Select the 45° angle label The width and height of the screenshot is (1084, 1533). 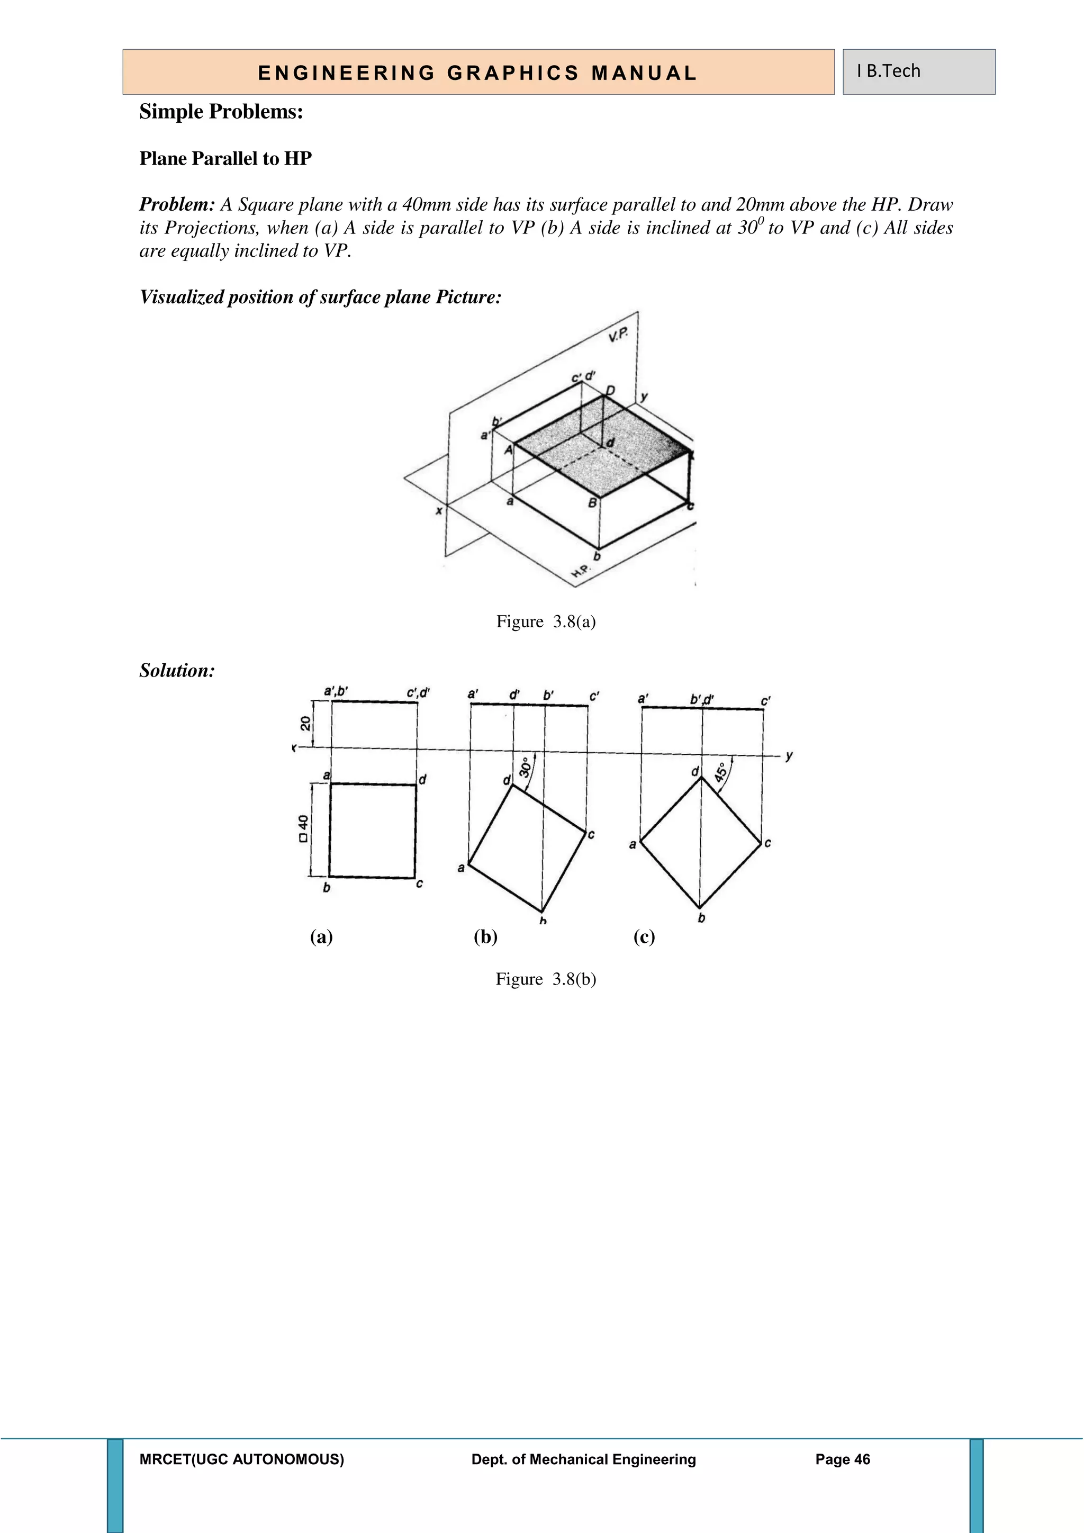pos(721,772)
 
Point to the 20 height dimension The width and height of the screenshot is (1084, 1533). pos(305,723)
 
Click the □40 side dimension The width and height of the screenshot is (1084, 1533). pos(304,828)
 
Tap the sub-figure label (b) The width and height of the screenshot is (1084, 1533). pos(485,937)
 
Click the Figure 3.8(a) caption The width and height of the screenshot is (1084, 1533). pos(545,621)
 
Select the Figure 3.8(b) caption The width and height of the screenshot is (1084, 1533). pos(545,979)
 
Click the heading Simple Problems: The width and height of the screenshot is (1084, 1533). pos(221,112)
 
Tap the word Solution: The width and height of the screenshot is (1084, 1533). pos(177,670)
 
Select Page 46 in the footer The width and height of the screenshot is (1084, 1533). pos(842,1459)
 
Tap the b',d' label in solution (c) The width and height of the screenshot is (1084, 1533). pos(701,699)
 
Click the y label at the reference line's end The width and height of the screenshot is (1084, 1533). pos(789,756)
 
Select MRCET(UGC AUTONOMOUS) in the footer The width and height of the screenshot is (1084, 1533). pos(242,1459)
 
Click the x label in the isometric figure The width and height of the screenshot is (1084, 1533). pos(439,511)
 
